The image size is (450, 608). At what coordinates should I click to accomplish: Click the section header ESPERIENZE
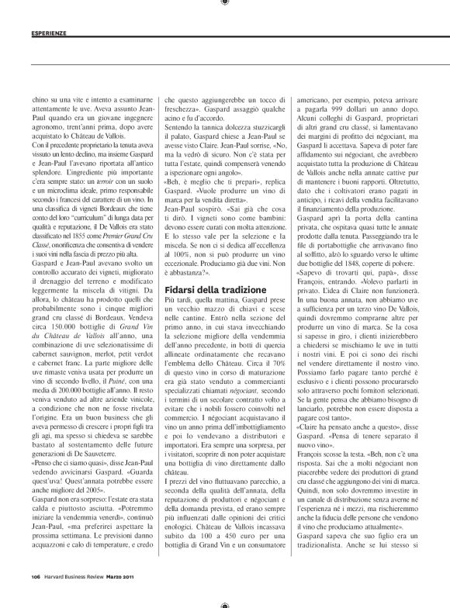pyautogui.click(x=48, y=33)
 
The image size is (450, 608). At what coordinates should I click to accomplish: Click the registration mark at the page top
pyautogui.click(x=225, y=4)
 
